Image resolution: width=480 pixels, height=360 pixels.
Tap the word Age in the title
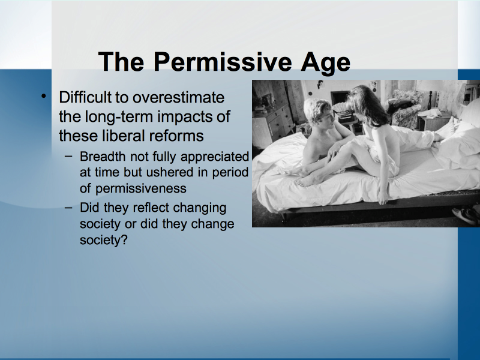pyautogui.click(x=325, y=63)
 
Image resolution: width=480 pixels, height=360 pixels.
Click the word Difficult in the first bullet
pyautogui.click(x=85, y=97)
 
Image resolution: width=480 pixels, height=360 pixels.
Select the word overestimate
pyautogui.click(x=178, y=98)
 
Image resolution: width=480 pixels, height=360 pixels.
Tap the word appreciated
pyautogui.click(x=215, y=157)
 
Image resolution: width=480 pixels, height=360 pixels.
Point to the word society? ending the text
pyautogui.click(x=103, y=240)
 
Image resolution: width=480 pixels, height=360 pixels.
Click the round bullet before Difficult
pyautogui.click(x=43, y=96)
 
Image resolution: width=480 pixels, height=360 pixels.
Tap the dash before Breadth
pyautogui.click(x=69, y=156)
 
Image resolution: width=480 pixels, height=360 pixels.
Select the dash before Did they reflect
pyautogui.click(x=69, y=207)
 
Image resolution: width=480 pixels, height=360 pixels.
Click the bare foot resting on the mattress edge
pyautogui.click(x=306, y=182)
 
